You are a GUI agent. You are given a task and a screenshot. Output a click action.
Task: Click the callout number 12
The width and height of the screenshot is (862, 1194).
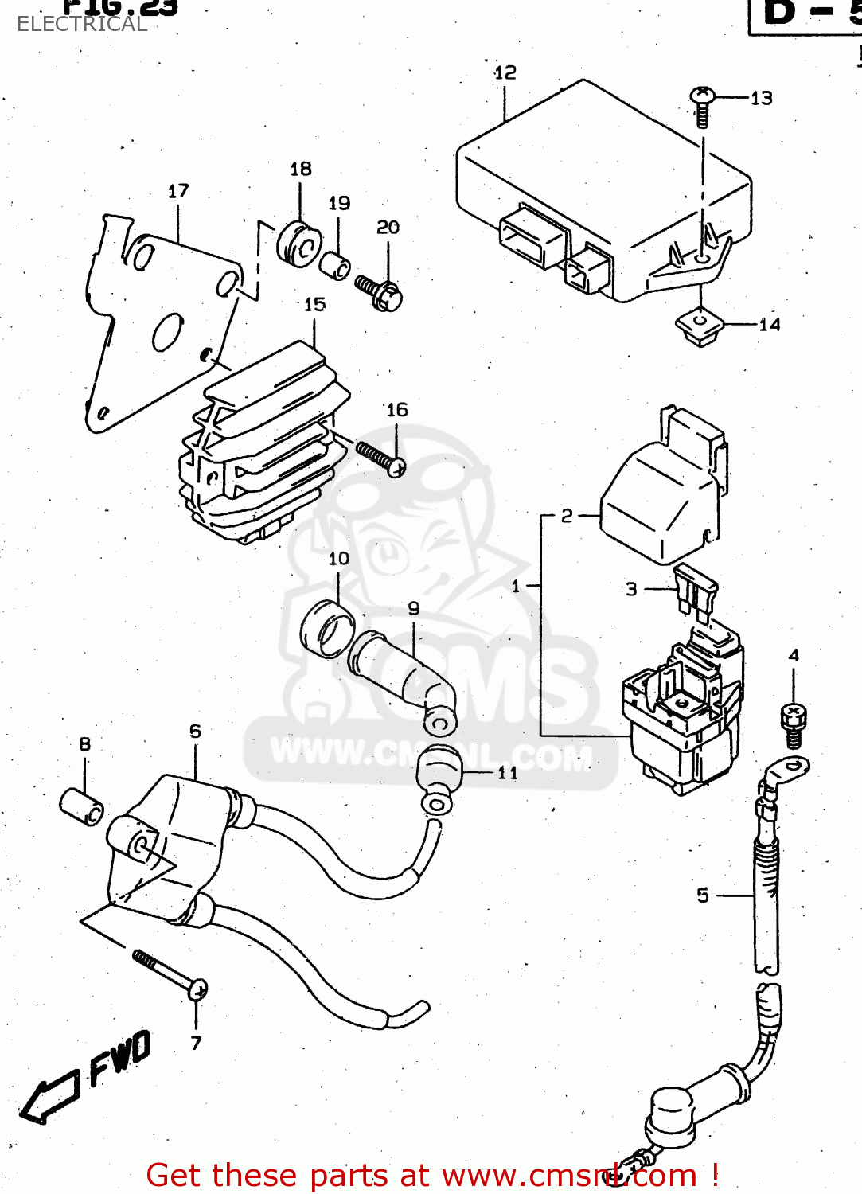tap(505, 72)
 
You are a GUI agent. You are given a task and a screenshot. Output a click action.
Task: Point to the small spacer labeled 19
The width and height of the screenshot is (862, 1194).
tap(335, 264)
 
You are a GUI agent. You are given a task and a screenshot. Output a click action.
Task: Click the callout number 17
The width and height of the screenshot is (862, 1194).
tap(178, 191)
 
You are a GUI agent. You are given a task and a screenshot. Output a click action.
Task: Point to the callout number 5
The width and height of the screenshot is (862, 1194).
tap(702, 895)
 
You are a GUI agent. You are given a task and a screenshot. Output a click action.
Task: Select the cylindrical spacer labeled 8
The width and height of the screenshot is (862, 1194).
tap(82, 806)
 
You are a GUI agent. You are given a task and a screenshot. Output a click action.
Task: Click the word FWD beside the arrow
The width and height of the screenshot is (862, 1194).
tap(119, 1058)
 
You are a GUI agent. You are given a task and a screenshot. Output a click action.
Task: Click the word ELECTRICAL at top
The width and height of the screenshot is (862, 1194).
tap(82, 24)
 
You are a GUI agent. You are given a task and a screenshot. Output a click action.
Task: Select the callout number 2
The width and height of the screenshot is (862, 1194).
tap(566, 516)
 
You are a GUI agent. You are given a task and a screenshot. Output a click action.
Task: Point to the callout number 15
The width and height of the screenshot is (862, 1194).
tap(314, 304)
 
